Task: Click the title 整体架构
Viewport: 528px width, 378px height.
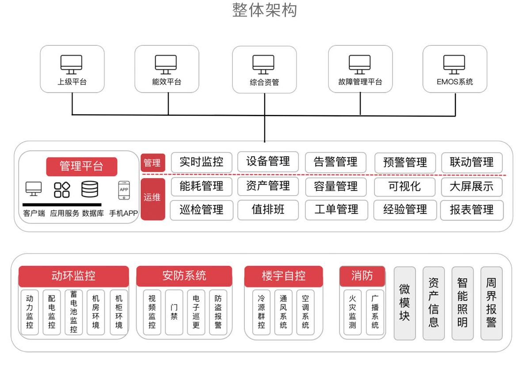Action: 264,10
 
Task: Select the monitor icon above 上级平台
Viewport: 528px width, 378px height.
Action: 71,64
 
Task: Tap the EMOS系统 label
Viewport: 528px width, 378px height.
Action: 455,82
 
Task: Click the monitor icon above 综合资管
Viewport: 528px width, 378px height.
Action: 263,64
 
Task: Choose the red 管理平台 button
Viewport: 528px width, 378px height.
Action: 82,166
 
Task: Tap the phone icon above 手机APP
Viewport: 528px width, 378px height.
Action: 124,190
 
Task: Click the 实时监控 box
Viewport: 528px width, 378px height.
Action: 201,162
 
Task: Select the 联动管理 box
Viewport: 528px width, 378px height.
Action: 471,162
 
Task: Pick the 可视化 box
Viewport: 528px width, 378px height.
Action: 405,186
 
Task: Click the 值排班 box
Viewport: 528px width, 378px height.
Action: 268,209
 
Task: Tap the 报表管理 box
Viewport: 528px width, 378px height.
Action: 471,209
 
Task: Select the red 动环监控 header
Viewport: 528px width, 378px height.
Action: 73,276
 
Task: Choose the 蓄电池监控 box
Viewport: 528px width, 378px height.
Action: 74,312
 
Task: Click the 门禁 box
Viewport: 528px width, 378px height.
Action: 174,312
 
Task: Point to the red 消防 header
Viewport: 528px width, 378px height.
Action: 362,276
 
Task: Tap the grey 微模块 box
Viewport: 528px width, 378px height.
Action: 405,303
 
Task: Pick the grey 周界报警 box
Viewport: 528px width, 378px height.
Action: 491,303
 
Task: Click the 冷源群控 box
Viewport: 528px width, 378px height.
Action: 262,312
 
